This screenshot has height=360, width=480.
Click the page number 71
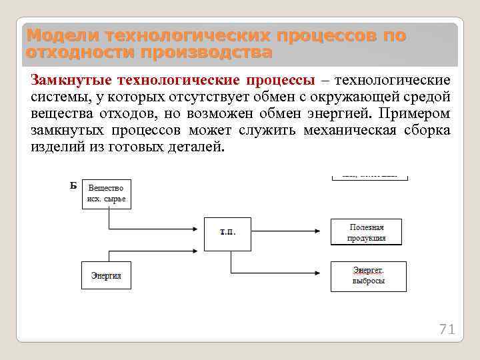point(446,329)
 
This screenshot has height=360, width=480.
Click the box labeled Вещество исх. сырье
point(107,194)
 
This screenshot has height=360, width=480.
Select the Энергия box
point(106,275)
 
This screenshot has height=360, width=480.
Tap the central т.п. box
point(227,233)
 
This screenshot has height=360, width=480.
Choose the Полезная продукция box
point(367,233)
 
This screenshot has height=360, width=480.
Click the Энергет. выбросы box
point(369,275)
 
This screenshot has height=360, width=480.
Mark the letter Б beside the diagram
point(73,185)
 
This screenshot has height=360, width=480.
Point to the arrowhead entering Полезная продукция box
point(327,229)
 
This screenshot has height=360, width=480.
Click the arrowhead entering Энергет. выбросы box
point(327,273)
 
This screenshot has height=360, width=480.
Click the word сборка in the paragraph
point(427,130)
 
